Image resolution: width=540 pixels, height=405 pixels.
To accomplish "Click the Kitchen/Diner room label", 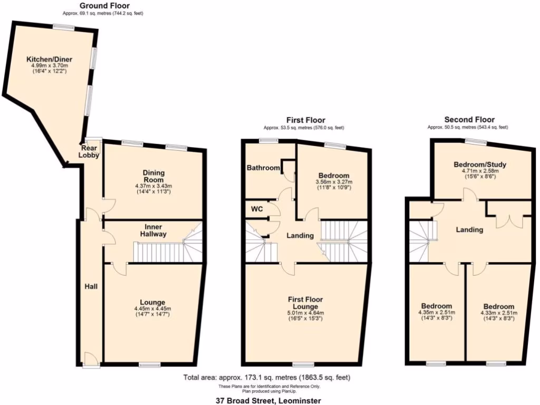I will point(50,59).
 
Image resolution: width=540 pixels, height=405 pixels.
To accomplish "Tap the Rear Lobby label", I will point(90,151).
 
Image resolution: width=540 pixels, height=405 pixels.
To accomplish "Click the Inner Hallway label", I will point(153,230).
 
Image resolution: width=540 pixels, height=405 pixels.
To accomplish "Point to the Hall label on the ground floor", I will point(91,286).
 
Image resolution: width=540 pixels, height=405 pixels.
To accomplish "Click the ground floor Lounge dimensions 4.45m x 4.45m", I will point(153,309).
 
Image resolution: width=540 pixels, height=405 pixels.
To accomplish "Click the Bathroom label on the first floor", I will point(263,168).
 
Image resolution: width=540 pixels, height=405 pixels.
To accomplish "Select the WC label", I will point(256,209).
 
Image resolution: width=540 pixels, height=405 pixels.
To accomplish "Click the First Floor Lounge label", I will point(305,303).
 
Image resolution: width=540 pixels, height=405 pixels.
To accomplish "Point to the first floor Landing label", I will point(300,235).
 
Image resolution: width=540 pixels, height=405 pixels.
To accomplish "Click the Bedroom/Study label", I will point(480,165).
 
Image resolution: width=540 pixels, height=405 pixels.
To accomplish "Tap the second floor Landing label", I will point(469,230).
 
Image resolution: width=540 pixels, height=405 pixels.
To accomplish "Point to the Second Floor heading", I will point(469,120).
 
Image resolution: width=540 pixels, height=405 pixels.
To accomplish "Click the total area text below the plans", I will point(266,378).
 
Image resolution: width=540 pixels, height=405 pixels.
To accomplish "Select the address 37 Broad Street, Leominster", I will point(268,400).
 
